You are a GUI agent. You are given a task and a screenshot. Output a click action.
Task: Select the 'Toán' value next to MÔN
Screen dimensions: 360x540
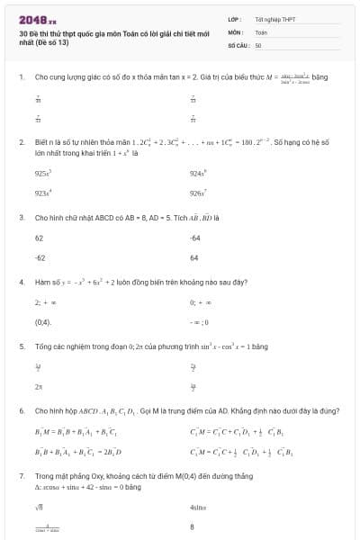tap(261, 31)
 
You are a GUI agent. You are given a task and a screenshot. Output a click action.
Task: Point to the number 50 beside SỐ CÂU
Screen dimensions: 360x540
tap(258, 44)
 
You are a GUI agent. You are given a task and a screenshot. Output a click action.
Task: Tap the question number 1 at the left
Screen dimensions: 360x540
tap(21, 77)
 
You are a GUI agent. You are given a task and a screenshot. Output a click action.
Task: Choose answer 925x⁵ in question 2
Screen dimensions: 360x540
tap(42, 172)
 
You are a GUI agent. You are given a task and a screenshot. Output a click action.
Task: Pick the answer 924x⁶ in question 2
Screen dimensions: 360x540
tap(199, 172)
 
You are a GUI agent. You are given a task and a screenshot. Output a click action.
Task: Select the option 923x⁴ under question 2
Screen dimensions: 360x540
tap(42, 193)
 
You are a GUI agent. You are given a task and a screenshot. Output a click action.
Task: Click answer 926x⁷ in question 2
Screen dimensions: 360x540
tap(199, 193)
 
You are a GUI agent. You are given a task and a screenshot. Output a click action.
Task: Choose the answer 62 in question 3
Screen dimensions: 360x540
tap(39, 238)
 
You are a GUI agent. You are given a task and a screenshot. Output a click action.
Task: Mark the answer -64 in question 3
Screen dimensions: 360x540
tap(194, 238)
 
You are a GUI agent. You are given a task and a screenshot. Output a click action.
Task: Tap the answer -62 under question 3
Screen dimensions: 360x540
tap(40, 258)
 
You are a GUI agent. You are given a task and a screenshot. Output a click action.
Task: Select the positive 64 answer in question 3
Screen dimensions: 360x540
tap(193, 258)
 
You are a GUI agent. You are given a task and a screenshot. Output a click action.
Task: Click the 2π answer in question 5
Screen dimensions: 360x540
tap(39, 387)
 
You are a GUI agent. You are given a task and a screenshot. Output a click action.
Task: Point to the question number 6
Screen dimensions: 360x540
tap(21, 410)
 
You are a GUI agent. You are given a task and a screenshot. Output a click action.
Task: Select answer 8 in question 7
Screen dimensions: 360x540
tap(193, 529)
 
